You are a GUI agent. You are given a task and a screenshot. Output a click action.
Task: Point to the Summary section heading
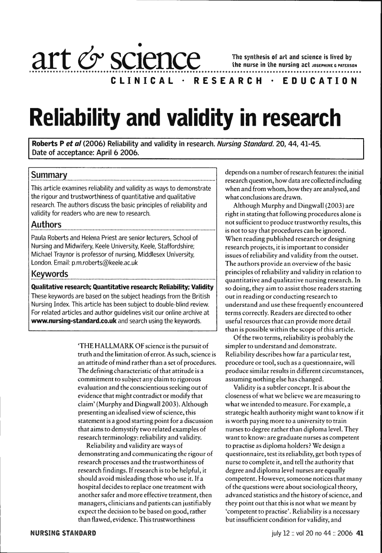(49, 174)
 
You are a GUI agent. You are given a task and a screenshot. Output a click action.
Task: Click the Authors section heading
(46, 224)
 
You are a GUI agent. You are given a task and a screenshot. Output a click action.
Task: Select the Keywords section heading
(49, 274)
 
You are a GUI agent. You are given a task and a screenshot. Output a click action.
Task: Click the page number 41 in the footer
(360, 534)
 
